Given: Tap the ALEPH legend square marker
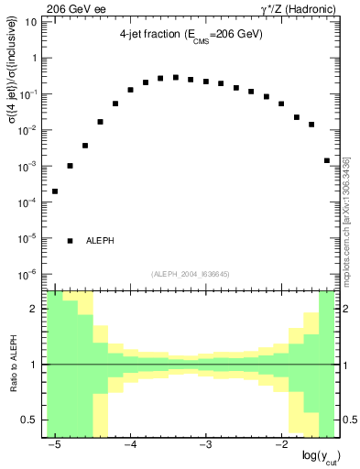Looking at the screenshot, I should coord(70,241).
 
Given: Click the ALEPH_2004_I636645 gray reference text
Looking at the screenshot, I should coord(191,273).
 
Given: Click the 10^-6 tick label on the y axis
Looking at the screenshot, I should coord(30,274).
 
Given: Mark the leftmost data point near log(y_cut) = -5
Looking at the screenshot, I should coord(55,191).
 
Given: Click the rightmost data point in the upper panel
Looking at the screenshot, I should coord(326,160).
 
